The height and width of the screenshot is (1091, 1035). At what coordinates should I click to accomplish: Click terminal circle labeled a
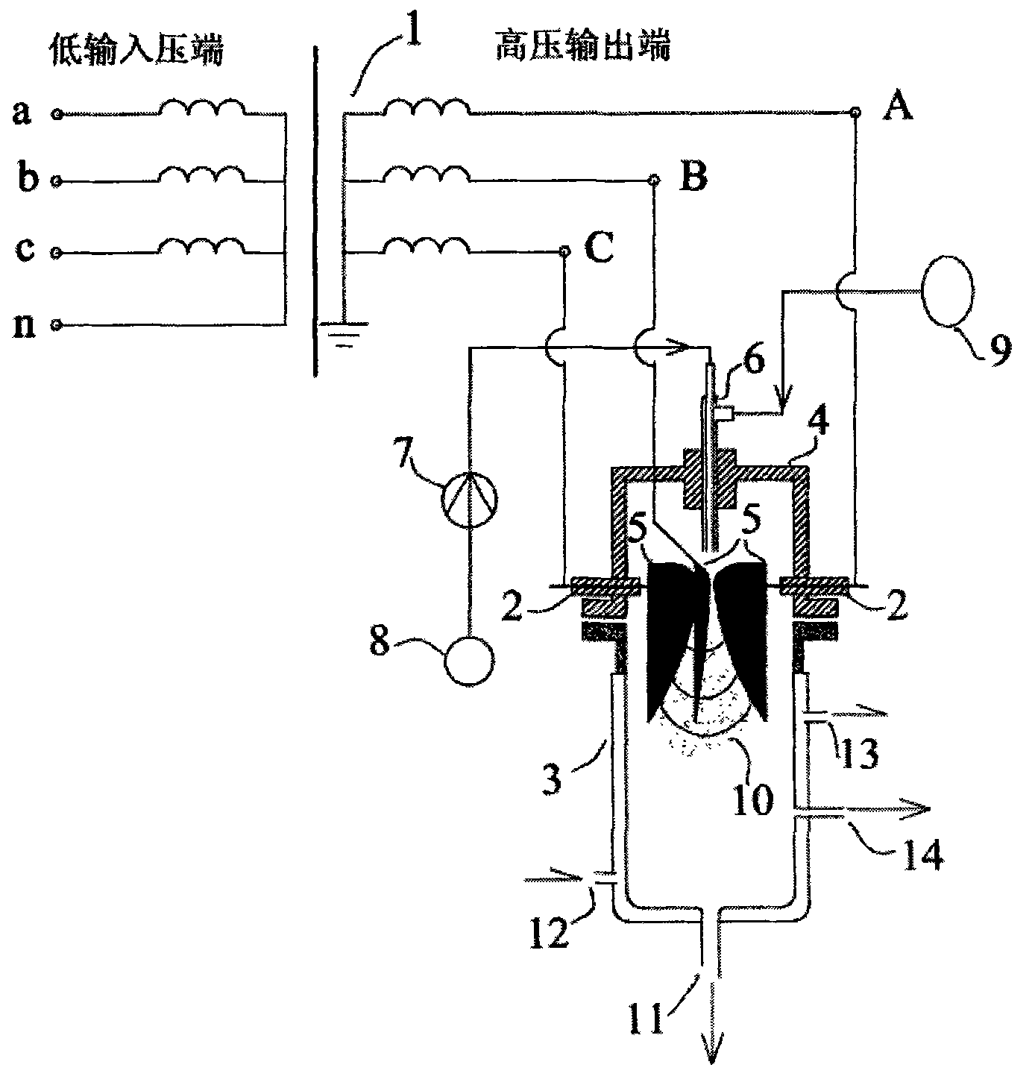[56, 114]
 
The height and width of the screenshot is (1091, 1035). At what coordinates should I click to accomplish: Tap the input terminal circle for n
[56, 324]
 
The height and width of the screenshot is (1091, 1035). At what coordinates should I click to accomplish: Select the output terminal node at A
[856, 113]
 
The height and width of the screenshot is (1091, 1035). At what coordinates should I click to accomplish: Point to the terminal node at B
[654, 180]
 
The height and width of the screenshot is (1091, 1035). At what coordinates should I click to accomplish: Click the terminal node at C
[564, 251]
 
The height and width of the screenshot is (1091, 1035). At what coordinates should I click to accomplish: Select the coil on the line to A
[427, 107]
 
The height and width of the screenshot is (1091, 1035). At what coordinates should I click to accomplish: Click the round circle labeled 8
[469, 661]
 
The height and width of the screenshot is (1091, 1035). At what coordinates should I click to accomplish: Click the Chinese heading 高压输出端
[582, 45]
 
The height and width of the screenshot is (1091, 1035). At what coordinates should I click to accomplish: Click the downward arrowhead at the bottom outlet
[711, 1050]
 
